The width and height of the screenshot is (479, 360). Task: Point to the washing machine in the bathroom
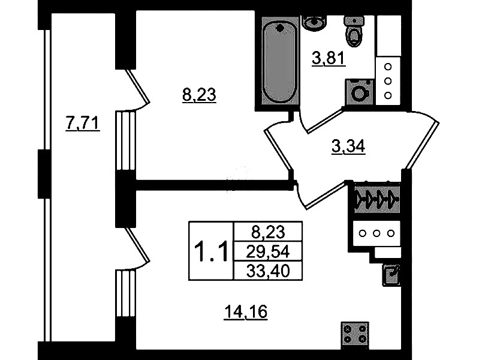pyautogui.click(x=359, y=92)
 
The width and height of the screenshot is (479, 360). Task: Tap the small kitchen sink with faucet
pyautogui.click(x=391, y=274)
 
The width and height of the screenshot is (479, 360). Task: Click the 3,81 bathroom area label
pyautogui.click(x=328, y=59)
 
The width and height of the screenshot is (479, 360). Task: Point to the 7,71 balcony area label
pyautogui.click(x=82, y=124)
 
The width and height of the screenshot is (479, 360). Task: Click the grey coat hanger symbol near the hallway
pyautogui.click(x=376, y=198)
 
